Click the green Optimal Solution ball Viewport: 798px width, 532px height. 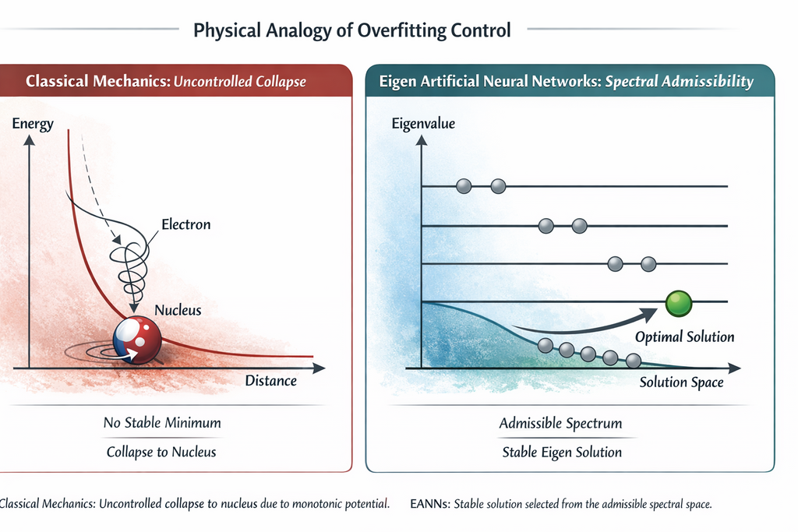point(679,303)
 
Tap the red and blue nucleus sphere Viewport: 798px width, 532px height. point(137,340)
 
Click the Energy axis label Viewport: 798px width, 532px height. point(33,125)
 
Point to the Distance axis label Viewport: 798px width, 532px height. point(271,381)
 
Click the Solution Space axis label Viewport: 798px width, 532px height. point(682,382)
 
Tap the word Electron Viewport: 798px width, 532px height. point(185,224)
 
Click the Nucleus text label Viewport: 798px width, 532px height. point(178,310)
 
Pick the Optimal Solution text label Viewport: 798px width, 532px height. point(685,337)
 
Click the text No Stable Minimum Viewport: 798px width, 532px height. point(162,423)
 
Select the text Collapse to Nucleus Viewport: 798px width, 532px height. point(162,452)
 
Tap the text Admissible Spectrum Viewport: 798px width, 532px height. point(561,424)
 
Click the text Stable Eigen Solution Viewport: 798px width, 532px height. point(561,452)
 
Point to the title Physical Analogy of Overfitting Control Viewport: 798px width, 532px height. point(352,31)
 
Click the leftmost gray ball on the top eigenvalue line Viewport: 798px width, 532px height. point(464,186)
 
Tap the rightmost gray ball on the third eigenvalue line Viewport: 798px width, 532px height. point(648,264)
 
